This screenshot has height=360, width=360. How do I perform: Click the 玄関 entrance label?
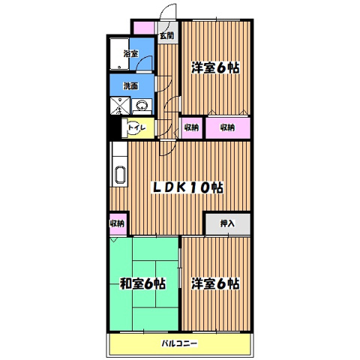coord(166,34)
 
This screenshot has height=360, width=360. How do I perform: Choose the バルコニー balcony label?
coord(178,343)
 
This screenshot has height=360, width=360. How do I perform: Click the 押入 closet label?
coord(227,223)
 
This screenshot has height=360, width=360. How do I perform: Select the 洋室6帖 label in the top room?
coord(216,65)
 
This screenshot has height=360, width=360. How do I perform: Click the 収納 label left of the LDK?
coord(118,223)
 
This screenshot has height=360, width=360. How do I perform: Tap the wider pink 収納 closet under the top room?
coord(228,127)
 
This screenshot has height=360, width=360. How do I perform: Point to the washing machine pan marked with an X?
coord(121,106)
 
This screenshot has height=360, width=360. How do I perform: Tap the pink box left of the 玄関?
coord(143,28)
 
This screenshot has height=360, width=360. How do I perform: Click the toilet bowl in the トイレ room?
coord(127,128)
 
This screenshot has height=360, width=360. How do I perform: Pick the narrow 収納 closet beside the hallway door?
coord(191,127)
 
